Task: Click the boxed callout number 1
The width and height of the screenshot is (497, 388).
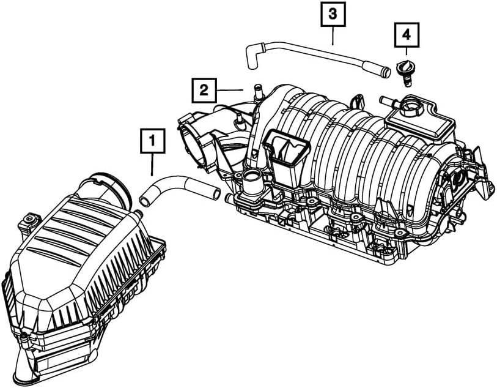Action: coord(152,142)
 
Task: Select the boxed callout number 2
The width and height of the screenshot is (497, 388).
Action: coord(204,91)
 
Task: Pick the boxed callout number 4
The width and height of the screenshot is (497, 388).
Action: coord(407,35)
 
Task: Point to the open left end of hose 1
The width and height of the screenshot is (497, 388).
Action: coord(145,200)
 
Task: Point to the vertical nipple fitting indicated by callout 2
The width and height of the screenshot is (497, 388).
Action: coord(256,92)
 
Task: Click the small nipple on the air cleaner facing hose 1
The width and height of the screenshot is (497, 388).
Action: coord(140,213)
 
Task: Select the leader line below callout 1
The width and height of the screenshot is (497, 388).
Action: coord(152,164)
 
